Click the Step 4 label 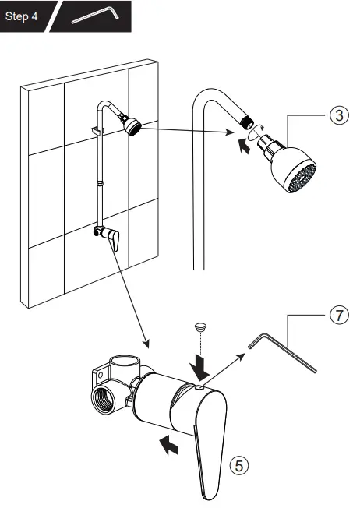point(21,16)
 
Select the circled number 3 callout point(339,115)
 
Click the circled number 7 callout point(339,315)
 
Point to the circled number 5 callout point(239,466)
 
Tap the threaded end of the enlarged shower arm point(246,122)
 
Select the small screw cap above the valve point(201,326)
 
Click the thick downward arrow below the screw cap point(199,368)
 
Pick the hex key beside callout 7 point(281,352)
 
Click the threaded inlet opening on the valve point(104,400)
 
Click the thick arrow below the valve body point(169,444)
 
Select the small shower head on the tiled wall point(132,125)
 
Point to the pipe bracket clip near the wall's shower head point(97,131)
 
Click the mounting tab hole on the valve point(100,376)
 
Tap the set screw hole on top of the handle point(199,386)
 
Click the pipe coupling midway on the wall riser point(101,184)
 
